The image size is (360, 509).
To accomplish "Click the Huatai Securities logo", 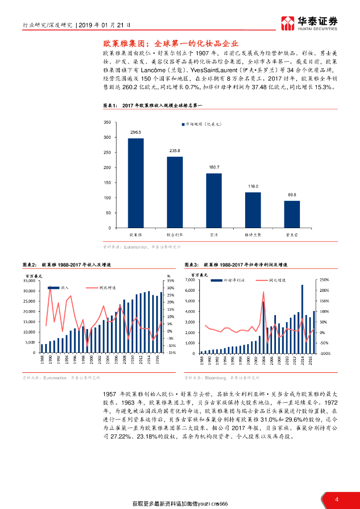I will tap(309, 22).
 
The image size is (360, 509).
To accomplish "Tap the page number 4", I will tap(337, 500).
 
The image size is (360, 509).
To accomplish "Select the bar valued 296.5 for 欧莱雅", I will tap(136, 183).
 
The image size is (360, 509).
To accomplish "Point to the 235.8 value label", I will tap(175, 151).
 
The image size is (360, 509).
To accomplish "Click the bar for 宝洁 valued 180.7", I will tap(214, 200).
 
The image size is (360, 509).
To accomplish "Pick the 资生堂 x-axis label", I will tap(292, 234).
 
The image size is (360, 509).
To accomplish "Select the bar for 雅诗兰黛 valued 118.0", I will tap(253, 210).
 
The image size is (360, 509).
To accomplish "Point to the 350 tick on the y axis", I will tap(107, 122).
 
